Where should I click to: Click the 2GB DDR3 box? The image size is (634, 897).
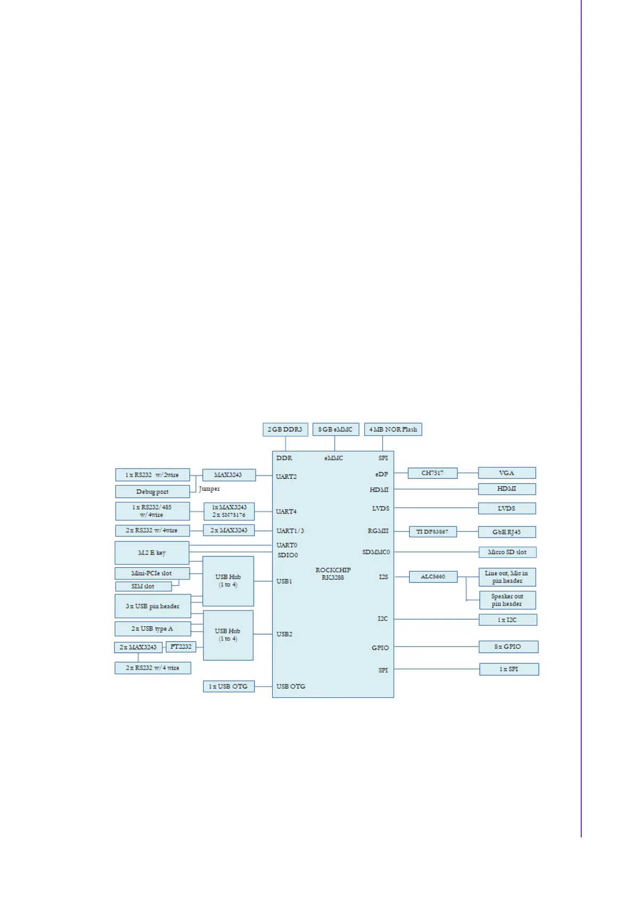click(x=285, y=429)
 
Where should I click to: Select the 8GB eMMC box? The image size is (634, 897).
click(x=335, y=429)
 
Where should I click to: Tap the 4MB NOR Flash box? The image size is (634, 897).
click(x=393, y=429)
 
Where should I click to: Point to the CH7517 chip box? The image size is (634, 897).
click(x=432, y=473)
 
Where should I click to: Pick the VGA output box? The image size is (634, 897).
click(x=507, y=473)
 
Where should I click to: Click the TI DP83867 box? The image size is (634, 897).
click(x=432, y=532)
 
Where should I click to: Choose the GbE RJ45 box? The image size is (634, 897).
click(x=507, y=532)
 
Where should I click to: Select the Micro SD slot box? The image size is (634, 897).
click(x=507, y=552)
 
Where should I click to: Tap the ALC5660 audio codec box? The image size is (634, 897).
click(x=433, y=577)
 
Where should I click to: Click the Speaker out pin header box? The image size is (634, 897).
click(x=507, y=600)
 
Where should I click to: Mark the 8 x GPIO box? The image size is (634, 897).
click(x=508, y=647)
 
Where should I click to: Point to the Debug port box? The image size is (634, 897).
click(x=152, y=492)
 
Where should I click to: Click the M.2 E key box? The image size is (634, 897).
click(x=152, y=553)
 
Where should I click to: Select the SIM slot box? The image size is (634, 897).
click(x=143, y=586)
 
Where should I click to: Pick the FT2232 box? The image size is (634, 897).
click(x=181, y=647)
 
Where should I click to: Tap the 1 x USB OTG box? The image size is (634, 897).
click(x=228, y=687)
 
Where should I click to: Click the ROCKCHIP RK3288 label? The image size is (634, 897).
click(x=333, y=574)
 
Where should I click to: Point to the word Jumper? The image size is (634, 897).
click(x=209, y=488)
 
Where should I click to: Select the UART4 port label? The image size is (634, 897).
click(x=286, y=511)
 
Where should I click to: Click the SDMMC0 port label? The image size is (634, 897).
click(x=376, y=552)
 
